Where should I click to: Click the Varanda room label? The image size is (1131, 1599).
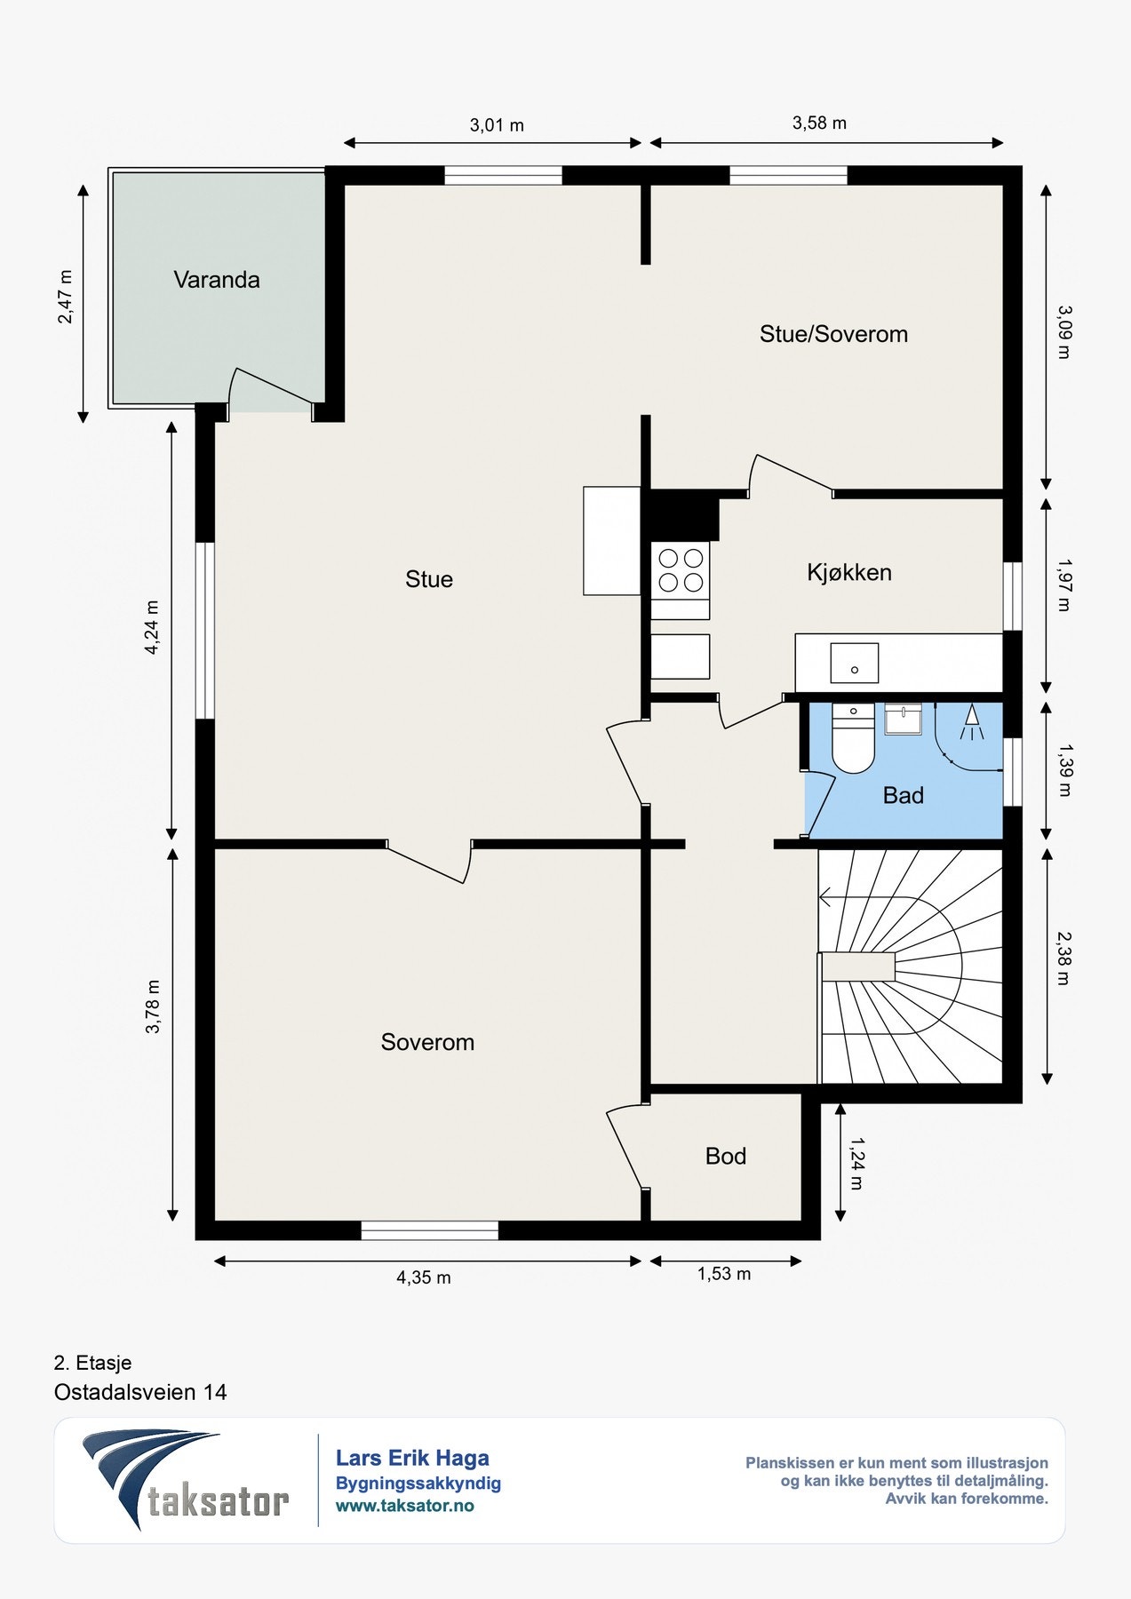coord(217,280)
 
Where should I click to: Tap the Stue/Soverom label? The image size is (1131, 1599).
coord(833,334)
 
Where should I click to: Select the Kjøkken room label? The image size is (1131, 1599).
coord(849,572)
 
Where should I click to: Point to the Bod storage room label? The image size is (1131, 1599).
coord(725,1156)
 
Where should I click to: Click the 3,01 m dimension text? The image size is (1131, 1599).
coord(497,125)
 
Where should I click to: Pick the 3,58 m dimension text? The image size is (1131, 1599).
coord(819,123)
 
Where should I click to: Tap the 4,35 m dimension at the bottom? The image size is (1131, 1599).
coord(423,1277)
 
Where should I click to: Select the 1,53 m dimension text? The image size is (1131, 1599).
coord(723,1274)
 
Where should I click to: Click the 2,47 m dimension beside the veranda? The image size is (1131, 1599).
coord(66,296)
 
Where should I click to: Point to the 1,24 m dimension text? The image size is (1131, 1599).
coord(856,1164)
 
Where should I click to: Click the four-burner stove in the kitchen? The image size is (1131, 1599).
coord(681,570)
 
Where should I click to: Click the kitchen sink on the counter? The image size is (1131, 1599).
coord(854,664)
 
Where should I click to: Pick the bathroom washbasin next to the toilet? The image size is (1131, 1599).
coord(904,718)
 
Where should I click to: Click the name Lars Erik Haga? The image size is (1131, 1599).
coord(412,1458)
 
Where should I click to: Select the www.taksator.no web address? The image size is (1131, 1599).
coord(404,1506)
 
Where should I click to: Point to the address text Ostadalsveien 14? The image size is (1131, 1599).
coord(140,1392)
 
